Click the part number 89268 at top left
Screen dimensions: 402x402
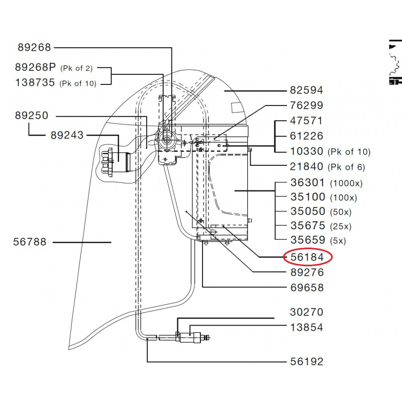[34, 48]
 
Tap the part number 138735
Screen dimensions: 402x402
[35, 83]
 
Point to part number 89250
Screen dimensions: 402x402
[31, 116]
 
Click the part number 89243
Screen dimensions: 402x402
[67, 135]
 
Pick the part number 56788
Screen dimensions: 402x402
[30, 242]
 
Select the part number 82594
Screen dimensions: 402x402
[307, 90]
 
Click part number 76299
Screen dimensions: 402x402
[307, 106]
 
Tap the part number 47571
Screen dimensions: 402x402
[307, 121]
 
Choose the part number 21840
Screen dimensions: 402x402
[307, 167]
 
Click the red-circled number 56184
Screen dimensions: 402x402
[307, 257]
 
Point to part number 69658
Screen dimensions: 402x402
[307, 288]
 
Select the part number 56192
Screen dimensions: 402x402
[307, 362]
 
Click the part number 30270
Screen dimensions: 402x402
[307, 313]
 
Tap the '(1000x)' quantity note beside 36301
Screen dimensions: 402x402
[346, 183]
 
